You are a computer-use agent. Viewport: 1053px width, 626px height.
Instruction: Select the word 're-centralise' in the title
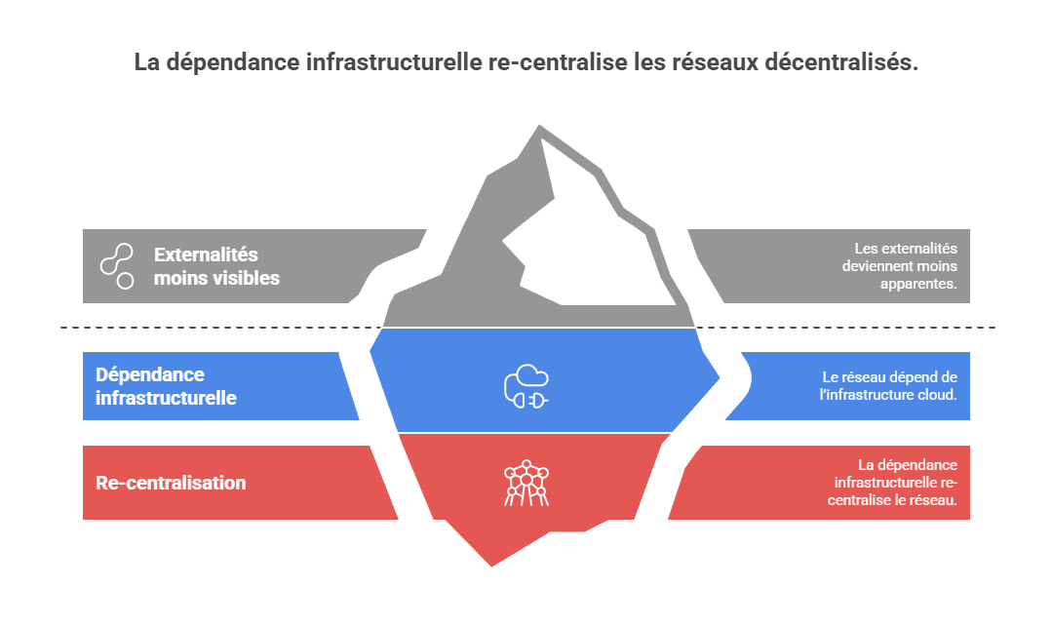pos(552,62)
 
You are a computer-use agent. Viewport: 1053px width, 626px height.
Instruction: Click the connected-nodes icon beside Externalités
pos(117,266)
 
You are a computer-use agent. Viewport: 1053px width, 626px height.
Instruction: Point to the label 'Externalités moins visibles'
pos(216,266)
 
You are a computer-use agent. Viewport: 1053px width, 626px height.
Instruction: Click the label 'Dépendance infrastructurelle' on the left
pos(166,386)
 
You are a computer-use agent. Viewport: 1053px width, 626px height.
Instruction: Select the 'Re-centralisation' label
pos(171,483)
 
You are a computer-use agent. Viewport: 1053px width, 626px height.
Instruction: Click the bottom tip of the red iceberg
pos(490,564)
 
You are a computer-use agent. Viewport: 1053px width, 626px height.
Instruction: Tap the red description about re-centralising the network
pos(895,483)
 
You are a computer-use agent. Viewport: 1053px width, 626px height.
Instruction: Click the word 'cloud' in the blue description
pos(937,395)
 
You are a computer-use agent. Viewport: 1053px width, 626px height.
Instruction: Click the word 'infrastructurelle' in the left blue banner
pos(166,398)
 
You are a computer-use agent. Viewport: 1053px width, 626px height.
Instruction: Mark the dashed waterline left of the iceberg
pos(214,327)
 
